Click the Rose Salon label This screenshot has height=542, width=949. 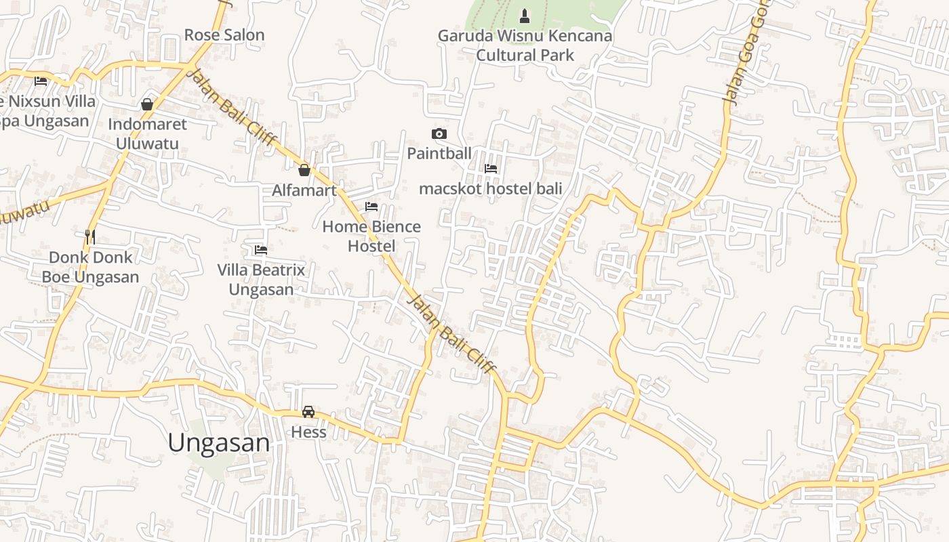224,35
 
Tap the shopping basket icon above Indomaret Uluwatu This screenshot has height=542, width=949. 147,104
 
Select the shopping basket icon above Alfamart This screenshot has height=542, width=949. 304,170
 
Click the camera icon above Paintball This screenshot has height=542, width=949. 439,134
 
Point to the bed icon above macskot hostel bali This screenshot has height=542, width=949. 491,169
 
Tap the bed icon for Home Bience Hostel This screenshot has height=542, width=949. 371,207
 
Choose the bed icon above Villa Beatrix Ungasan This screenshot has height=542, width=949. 261,250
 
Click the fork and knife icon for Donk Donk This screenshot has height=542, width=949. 90,236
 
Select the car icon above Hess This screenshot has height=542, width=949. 308,412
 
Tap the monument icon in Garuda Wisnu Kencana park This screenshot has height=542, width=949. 524,16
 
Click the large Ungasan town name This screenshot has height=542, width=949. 218,443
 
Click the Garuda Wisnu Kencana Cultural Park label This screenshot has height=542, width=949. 525,45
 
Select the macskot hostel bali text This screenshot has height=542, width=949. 491,188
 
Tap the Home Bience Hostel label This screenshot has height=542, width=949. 371,236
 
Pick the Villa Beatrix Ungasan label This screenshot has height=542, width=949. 261,280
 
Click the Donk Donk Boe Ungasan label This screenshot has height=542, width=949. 91,267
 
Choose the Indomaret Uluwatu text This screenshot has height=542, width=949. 147,133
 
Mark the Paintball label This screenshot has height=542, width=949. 439,154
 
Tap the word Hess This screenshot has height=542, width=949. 308,432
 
